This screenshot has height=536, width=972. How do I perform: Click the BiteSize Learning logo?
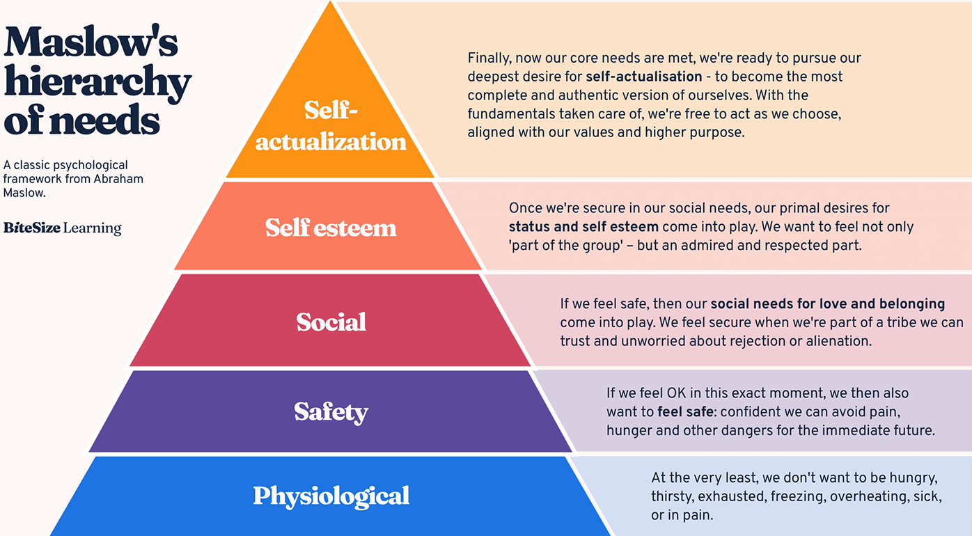[x=63, y=228]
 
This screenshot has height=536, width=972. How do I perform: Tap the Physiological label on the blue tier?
[x=331, y=496]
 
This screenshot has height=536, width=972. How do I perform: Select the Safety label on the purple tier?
[x=331, y=412]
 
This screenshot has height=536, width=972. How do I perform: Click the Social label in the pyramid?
[x=331, y=322]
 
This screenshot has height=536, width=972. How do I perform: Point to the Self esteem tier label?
[x=331, y=227]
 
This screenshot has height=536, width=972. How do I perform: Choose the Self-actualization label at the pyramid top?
[x=331, y=126]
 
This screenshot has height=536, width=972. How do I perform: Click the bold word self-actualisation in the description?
[x=644, y=77]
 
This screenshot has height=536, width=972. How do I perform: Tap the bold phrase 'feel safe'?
[x=685, y=411]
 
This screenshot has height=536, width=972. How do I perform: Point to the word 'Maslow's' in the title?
[x=91, y=42]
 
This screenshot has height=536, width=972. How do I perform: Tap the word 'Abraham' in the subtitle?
[x=118, y=179]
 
